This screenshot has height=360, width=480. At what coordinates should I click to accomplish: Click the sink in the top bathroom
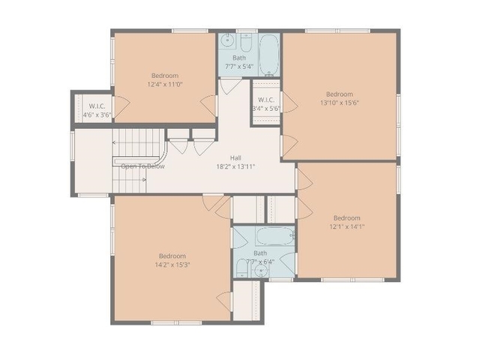(x=228, y=40)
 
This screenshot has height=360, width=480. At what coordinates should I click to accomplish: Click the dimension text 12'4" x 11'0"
(x=165, y=84)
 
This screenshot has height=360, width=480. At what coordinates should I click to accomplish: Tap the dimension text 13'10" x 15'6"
(x=340, y=103)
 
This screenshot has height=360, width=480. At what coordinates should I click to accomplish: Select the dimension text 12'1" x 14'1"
(x=346, y=226)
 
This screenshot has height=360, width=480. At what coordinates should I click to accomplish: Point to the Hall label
(x=235, y=157)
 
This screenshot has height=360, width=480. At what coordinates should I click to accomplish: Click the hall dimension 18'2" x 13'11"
(x=235, y=166)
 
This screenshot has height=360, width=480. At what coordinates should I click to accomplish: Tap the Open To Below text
(x=142, y=166)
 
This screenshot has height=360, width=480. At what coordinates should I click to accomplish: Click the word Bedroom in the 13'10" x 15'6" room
(x=340, y=94)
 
